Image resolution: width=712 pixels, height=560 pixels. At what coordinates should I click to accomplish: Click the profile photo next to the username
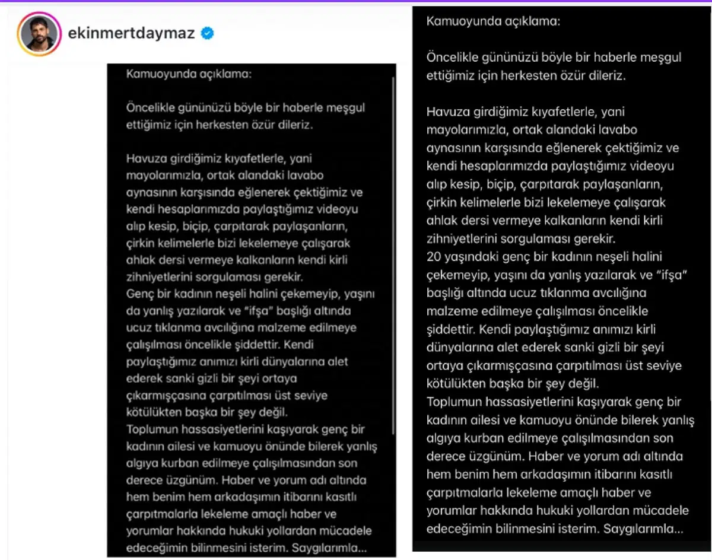pyautogui.click(x=40, y=34)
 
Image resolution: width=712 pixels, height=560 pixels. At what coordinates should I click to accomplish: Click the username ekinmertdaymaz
pyautogui.click(x=131, y=33)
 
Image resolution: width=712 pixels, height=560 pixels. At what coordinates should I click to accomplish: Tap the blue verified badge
pyautogui.click(x=207, y=33)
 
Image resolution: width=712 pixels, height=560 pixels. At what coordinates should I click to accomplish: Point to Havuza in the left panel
pyautogui.click(x=142, y=158)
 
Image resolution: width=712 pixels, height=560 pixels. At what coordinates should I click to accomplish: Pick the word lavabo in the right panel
pyautogui.click(x=618, y=129)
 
